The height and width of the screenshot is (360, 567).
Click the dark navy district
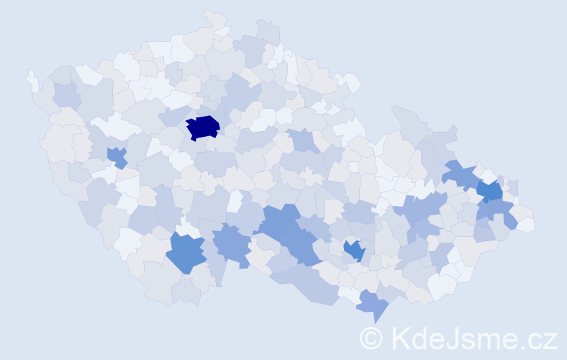(x=203, y=127)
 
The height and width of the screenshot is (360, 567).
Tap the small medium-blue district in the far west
(x=117, y=156)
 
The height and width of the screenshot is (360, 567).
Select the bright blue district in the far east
(x=491, y=191)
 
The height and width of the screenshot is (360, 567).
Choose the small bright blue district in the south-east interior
(x=354, y=251)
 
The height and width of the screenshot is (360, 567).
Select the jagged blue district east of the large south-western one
(x=232, y=243)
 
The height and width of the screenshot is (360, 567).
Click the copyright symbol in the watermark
(x=372, y=338)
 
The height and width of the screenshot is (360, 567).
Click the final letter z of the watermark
(x=550, y=340)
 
